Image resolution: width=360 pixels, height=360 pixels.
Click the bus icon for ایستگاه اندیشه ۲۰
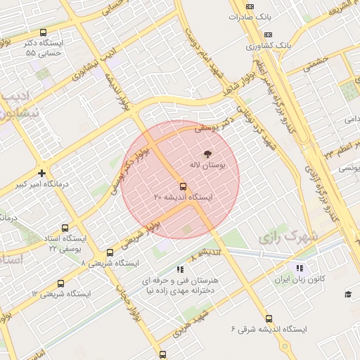coord(183,186)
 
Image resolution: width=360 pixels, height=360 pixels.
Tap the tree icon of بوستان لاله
coord(207,153)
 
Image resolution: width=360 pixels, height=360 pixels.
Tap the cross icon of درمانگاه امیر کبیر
coord(42,173)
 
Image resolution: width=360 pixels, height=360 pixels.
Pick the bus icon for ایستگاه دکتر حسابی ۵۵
coord(44,32)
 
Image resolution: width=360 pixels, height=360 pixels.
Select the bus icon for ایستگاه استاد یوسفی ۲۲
coord(65,228)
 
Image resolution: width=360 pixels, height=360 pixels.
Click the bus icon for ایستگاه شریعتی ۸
coord(110,252)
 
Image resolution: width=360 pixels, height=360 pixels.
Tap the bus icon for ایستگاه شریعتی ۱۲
coord(60,283)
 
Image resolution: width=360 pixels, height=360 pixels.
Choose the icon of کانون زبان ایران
coord(300,268)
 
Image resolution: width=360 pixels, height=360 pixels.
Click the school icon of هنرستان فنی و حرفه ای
coord(180,269)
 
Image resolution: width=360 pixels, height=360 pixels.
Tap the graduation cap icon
coord(347,293)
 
